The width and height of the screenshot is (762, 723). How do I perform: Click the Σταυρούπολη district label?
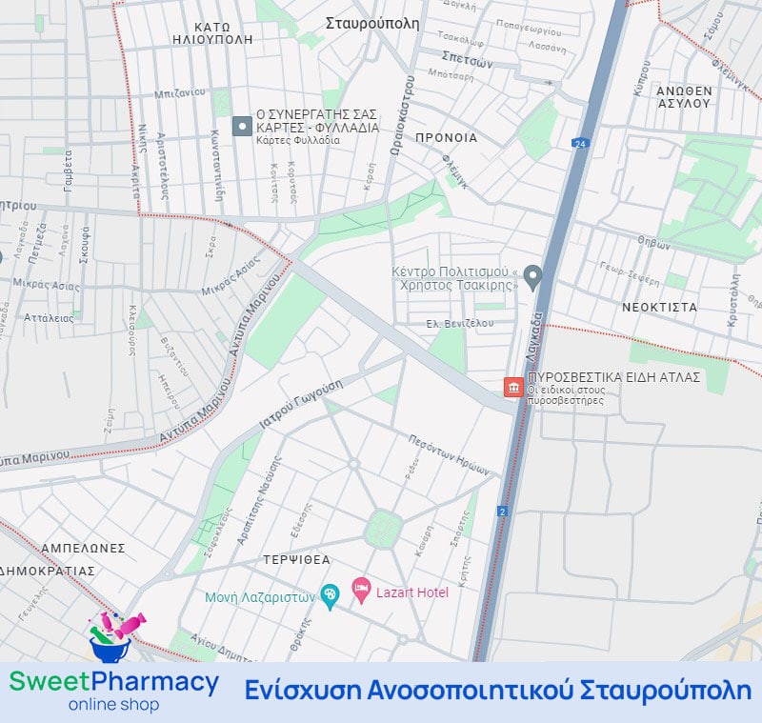tap(371, 24)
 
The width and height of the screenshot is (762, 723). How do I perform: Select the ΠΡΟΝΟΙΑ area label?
tap(446, 137)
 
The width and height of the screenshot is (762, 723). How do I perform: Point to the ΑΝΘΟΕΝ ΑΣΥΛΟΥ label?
tap(684, 96)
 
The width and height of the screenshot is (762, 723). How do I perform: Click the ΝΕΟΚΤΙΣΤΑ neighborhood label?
tap(659, 308)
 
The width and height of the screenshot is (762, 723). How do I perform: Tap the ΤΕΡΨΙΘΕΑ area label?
tap(298, 560)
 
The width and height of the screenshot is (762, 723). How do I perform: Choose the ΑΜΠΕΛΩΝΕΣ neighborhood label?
tap(84, 548)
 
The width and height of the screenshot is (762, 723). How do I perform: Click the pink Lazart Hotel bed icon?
tap(361, 591)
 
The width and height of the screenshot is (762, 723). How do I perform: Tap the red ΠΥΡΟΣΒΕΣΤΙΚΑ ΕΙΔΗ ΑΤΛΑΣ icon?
tap(513, 388)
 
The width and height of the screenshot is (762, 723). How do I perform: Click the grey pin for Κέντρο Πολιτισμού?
tap(533, 277)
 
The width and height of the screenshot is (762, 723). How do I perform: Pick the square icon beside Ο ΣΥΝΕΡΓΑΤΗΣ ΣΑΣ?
tap(242, 126)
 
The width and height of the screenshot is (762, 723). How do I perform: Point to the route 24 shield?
tap(579, 143)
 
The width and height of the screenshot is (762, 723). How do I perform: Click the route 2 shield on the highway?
tap(502, 512)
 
